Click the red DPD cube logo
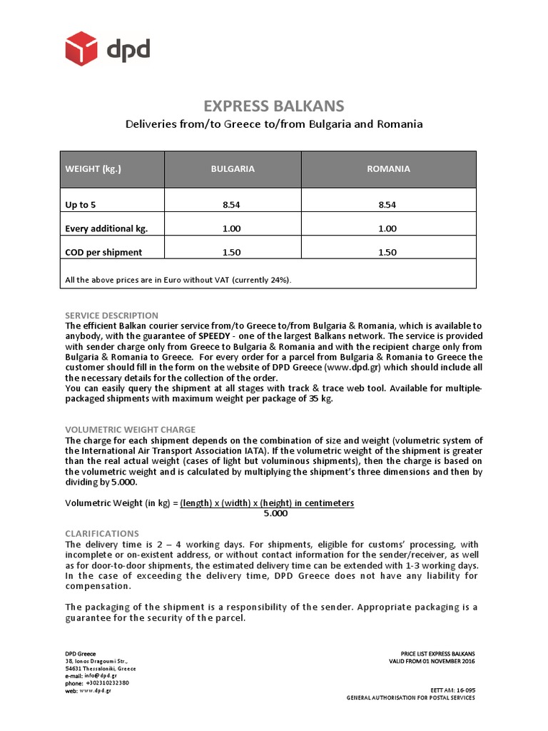[81, 49]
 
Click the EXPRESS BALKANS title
[274, 106]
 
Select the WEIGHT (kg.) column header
[93, 169]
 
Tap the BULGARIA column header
[232, 169]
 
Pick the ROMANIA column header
[388, 169]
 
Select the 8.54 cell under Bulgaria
[232, 205]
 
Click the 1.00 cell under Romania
[388, 228]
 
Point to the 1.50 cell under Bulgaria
[232, 252]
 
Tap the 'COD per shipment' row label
[103, 252]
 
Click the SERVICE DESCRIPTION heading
[111, 315]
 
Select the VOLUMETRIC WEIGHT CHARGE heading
[130, 430]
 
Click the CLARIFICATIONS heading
[102, 533]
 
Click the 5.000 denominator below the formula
[275, 513]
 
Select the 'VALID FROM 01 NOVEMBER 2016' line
[427, 662]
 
